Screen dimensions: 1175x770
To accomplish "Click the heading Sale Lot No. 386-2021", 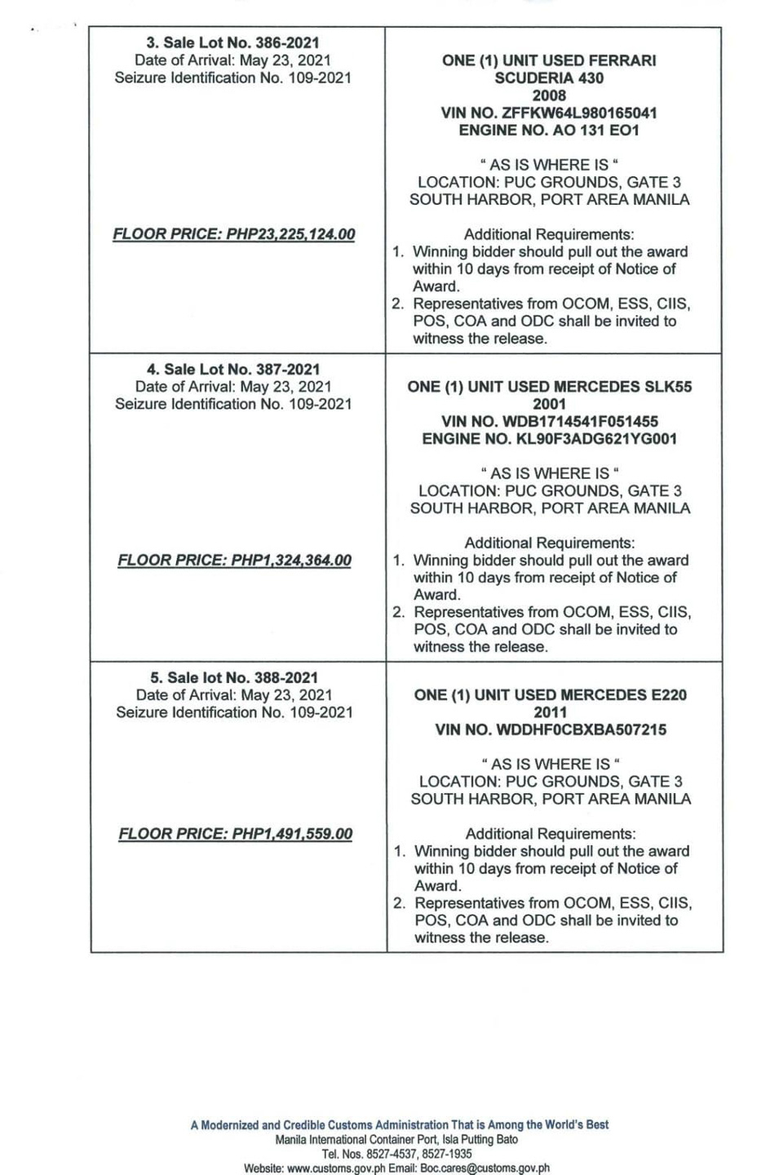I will [x=232, y=42].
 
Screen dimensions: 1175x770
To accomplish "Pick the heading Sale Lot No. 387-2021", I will [x=232, y=369].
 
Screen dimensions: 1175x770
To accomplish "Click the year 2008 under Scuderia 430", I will [x=549, y=95].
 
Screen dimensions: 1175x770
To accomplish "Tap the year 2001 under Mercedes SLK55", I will [x=549, y=404].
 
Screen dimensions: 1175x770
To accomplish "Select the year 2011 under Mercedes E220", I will [x=551, y=712].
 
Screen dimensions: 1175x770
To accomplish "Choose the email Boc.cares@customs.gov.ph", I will [x=485, y=1168].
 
